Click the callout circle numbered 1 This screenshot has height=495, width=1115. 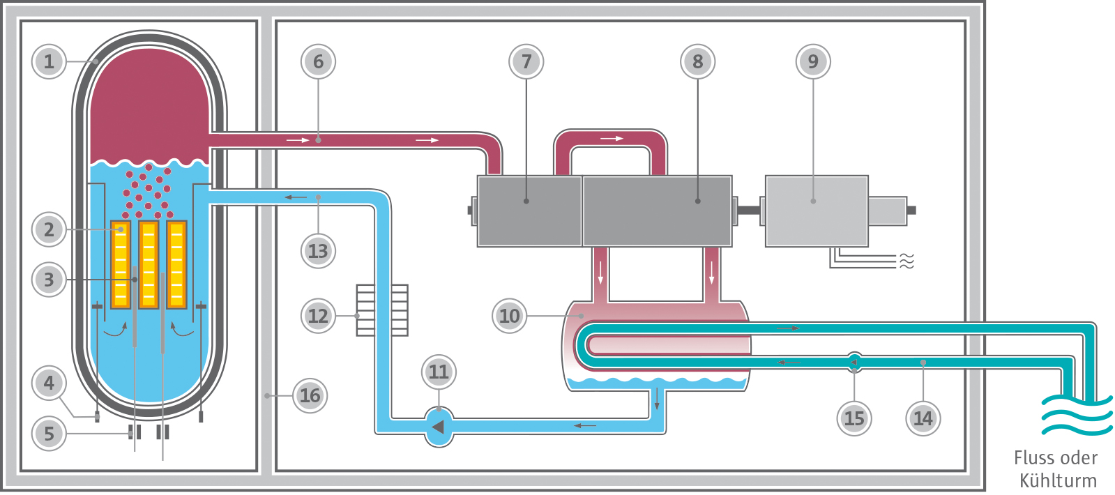click(x=49, y=61)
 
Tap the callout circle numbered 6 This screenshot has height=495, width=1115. click(x=318, y=61)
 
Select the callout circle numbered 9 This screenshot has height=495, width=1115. click(x=812, y=61)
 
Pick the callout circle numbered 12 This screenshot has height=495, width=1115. click(x=318, y=316)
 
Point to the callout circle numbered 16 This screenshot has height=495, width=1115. click(x=310, y=395)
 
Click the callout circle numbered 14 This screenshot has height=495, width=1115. click(x=923, y=418)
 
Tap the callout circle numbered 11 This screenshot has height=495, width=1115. click(x=439, y=372)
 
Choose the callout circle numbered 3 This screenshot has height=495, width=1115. click(x=49, y=280)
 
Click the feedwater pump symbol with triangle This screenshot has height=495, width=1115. click(x=439, y=427)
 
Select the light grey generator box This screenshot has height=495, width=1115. click(x=816, y=211)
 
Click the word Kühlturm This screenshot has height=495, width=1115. click(x=1058, y=480)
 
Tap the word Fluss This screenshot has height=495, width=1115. click(x=1033, y=458)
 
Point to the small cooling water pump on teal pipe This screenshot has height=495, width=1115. click(x=854, y=361)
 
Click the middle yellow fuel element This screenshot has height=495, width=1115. click(x=149, y=265)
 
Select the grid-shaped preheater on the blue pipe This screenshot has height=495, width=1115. click(x=382, y=310)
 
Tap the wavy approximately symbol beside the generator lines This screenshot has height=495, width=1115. click(x=906, y=261)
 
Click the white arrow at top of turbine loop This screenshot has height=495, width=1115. click(x=611, y=139)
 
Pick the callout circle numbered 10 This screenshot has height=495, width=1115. click(x=509, y=316)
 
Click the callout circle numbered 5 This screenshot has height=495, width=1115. click(x=49, y=433)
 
